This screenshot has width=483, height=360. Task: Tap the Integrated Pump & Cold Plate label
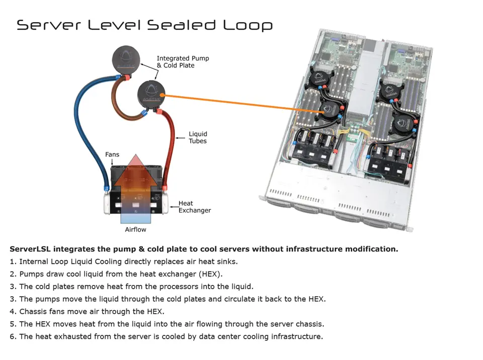click(183, 62)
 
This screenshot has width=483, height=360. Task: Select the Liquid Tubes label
click(198, 137)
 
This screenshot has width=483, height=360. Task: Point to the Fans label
click(112, 155)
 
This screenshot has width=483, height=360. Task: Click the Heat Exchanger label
click(194, 207)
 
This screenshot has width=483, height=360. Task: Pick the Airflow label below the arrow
click(135, 230)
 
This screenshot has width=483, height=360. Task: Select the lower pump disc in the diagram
click(151, 94)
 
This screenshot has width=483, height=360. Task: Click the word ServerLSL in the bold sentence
click(30, 249)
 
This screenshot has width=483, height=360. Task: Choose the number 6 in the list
click(12, 336)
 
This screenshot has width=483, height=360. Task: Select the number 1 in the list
click(12, 261)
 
